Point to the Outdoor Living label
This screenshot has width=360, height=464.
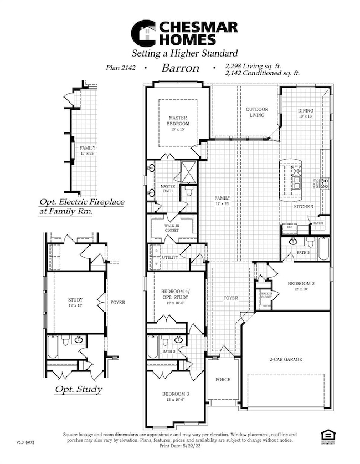tap(257, 113)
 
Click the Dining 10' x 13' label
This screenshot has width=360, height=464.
tap(306, 113)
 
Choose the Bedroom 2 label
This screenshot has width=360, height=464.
tap(301, 287)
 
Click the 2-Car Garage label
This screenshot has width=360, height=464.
tap(286, 359)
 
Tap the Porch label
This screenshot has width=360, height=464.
tap(223, 380)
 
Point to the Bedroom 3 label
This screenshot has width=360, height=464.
tap(174, 397)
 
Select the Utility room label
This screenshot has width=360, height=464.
tap(169, 258)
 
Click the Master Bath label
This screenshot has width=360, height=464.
tap(168, 189)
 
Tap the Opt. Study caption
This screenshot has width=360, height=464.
tap(78, 389)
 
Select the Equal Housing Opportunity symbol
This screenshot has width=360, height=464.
tap(327, 436)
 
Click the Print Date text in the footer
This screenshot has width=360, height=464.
tap(180, 445)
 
